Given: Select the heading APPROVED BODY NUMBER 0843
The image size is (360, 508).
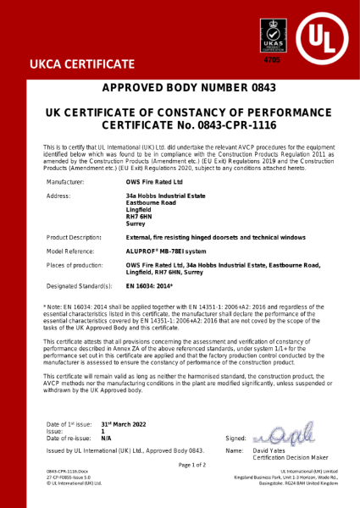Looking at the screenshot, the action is point(180,89).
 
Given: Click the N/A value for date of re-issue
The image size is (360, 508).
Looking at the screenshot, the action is point(106,437).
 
